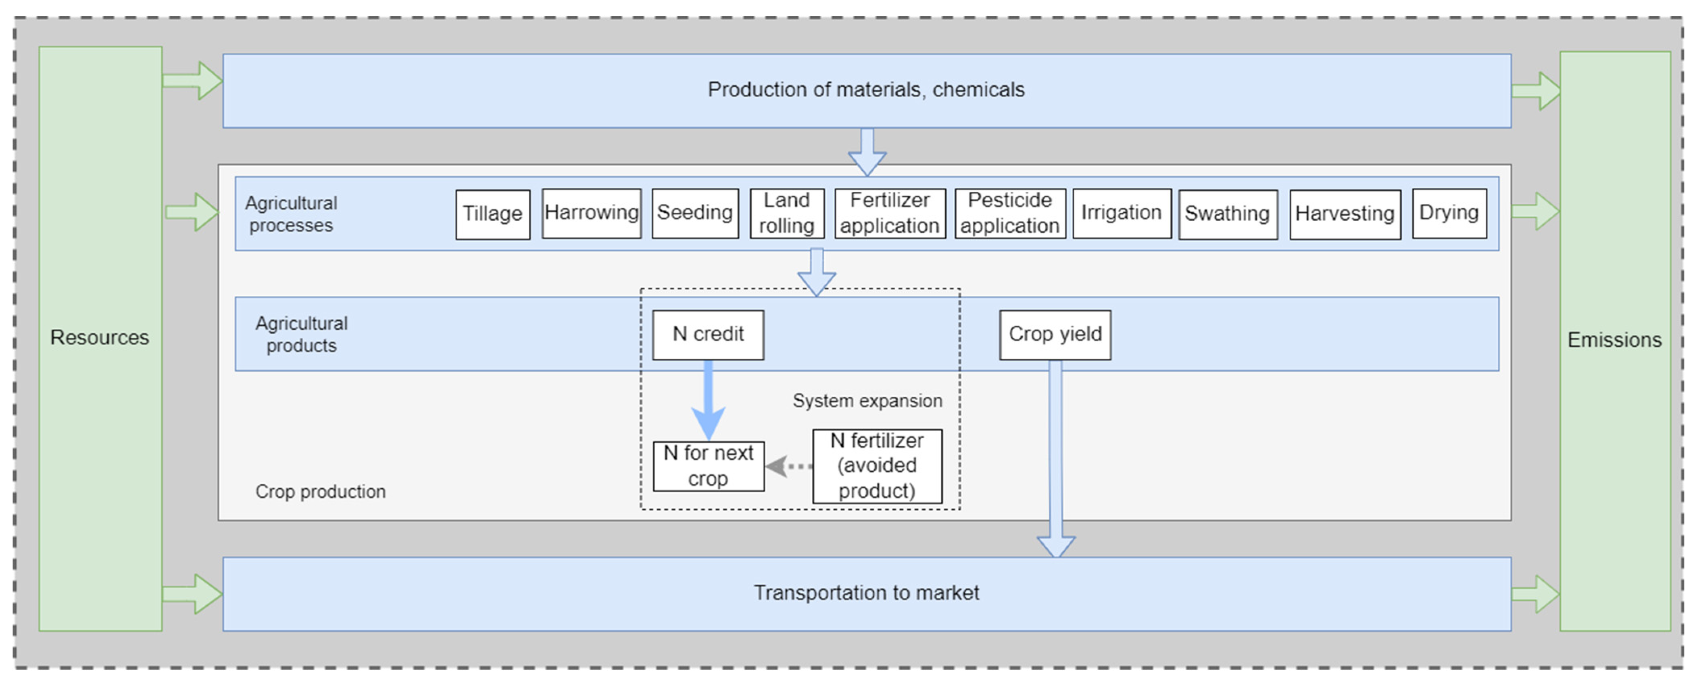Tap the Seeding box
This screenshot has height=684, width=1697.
pos(694,213)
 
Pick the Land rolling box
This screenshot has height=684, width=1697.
pos(786,213)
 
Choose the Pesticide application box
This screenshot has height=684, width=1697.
pos(1009,213)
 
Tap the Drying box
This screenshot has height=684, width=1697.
pos(1449,213)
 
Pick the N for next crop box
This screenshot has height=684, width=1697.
pos(708,466)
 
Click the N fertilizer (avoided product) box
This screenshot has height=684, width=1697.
pos(877,466)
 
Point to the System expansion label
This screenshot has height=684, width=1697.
pos(867,401)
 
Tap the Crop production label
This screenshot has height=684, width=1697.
pos(320,492)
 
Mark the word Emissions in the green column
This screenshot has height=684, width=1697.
pos(1614,340)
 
